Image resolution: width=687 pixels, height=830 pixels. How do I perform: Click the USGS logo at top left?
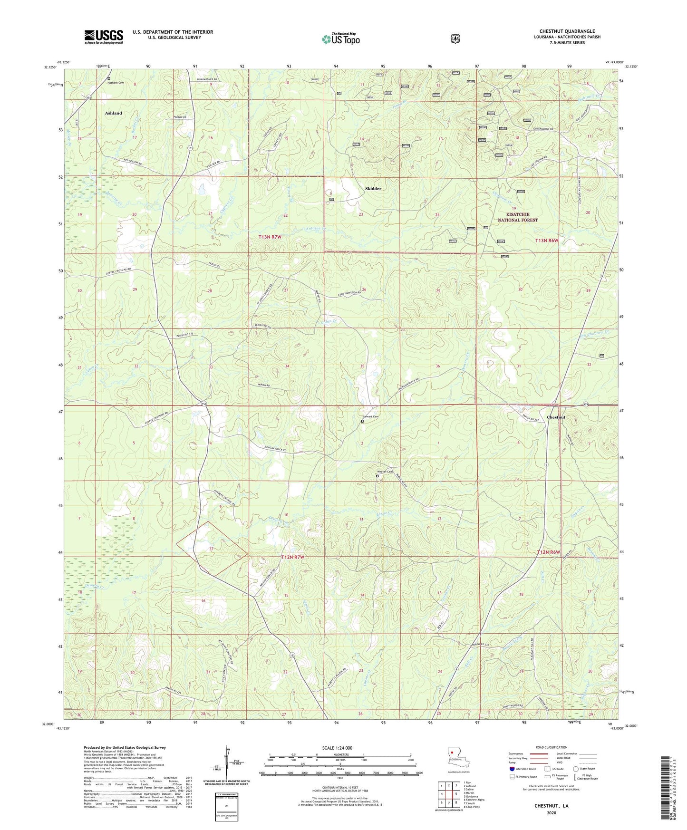pyautogui.click(x=104, y=37)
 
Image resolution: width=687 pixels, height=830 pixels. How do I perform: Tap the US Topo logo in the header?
pyautogui.click(x=340, y=39)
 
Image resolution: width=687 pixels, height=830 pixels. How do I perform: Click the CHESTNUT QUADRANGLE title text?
pyautogui.click(x=567, y=31)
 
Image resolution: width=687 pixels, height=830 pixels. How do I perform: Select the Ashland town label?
pyautogui.click(x=113, y=113)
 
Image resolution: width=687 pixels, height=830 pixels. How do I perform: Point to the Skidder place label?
pyautogui.click(x=373, y=189)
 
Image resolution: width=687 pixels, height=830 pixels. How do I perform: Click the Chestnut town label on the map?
pyautogui.click(x=556, y=417)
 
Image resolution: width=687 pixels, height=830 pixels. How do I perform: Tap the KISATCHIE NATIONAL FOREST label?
pyautogui.click(x=517, y=217)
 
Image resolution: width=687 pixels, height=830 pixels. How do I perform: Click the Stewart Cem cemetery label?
pyautogui.click(x=370, y=417)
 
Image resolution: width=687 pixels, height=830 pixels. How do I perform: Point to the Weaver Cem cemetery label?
pyautogui.click(x=384, y=472)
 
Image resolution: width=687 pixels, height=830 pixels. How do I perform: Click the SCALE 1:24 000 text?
pyautogui.click(x=337, y=748)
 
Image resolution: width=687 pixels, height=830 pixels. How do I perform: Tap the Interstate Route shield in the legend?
pyautogui.click(x=512, y=769)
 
